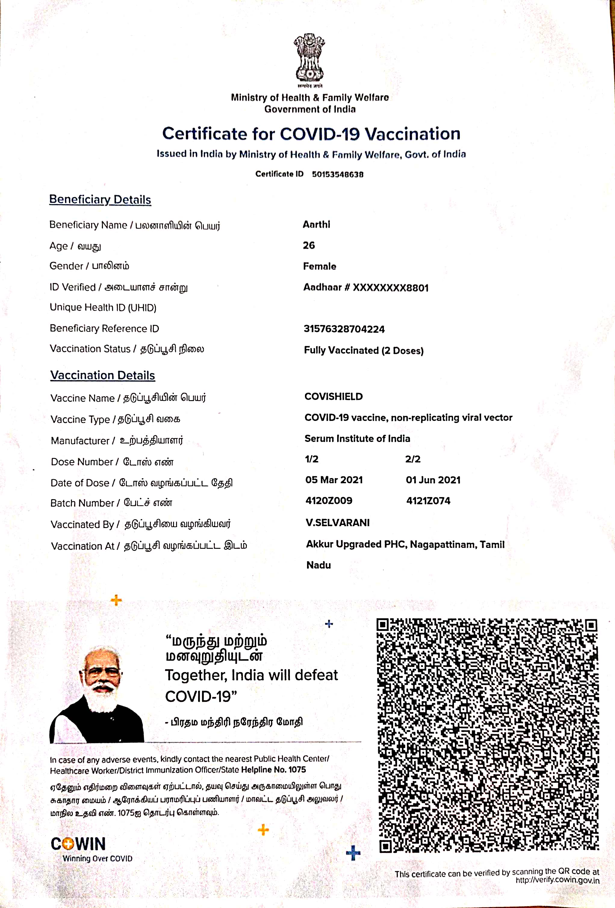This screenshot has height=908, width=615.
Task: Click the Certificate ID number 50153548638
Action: (x=337, y=174)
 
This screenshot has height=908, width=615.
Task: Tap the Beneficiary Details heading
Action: (x=100, y=200)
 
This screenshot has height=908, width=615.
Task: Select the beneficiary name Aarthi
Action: (x=316, y=225)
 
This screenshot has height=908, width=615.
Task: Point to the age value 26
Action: (x=309, y=246)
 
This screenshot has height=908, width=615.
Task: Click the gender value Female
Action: (x=319, y=267)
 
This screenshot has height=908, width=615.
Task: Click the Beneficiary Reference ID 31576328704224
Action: (x=344, y=329)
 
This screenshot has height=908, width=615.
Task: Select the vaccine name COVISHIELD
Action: (x=334, y=397)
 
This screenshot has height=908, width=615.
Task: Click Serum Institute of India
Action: (x=357, y=438)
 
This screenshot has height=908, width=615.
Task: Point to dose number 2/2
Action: (x=412, y=459)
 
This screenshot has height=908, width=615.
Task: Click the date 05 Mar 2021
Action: (x=334, y=480)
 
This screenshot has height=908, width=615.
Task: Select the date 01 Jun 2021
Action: (x=433, y=480)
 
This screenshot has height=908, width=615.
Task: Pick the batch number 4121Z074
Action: (x=428, y=501)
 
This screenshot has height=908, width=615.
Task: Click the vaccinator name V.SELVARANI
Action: (x=337, y=523)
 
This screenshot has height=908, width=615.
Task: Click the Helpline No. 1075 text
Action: (x=273, y=770)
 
